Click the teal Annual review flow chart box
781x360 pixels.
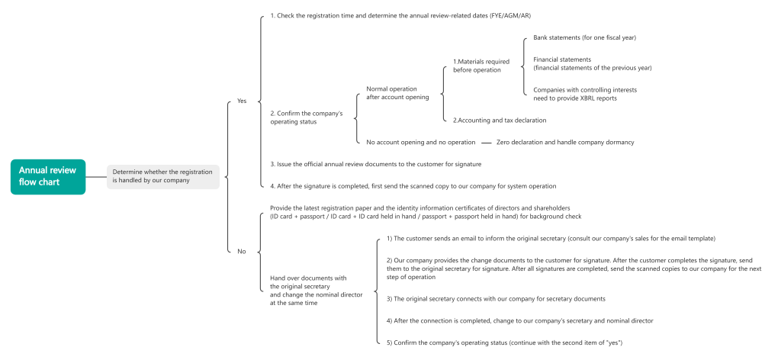pos(48,176)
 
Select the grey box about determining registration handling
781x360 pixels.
pos(163,176)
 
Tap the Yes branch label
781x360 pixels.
pos(242,101)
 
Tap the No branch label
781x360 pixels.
pos(242,252)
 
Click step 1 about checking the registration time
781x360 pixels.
pos(400,15)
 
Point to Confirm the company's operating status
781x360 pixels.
pos(307,117)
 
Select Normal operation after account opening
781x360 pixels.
pos(397,93)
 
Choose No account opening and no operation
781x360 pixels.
pos(421,142)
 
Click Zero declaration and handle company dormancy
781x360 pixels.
pos(565,142)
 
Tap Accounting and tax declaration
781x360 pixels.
pos(500,120)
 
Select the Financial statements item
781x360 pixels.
pos(592,63)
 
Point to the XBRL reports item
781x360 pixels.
pos(585,94)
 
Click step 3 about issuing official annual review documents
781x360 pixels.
pos(375,164)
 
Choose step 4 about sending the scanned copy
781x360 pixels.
pos(413,186)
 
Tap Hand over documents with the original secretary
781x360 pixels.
pos(317,291)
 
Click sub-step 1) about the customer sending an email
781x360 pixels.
pos(551,239)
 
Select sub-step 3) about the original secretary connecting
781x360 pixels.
pos(496,299)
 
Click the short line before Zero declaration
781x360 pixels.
pos(486,143)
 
